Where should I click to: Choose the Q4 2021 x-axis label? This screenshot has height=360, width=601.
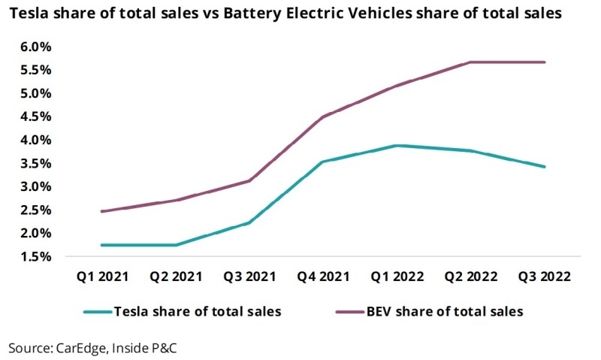323,277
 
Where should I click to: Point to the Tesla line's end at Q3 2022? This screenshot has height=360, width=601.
545,167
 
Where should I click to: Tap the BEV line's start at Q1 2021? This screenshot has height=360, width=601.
101,211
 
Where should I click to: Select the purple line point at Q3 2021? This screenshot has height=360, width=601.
249,180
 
